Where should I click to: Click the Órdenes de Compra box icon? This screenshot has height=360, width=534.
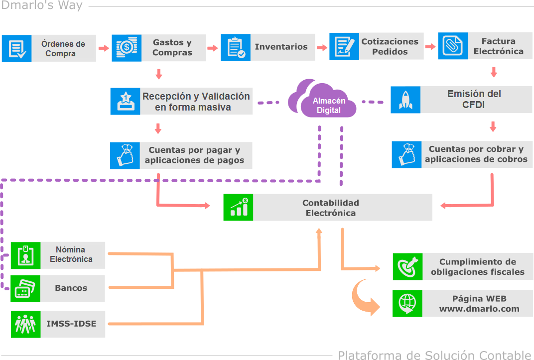(x=17, y=48)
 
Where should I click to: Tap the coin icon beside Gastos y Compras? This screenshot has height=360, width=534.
(x=127, y=48)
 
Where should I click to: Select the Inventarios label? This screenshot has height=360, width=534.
(x=281, y=47)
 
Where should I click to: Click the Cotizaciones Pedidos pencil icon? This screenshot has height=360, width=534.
(x=344, y=46)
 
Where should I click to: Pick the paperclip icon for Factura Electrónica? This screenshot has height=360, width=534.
(x=453, y=46)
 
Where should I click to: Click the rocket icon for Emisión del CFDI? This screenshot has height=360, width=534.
(x=405, y=100)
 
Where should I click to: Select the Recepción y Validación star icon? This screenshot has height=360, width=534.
(x=126, y=101)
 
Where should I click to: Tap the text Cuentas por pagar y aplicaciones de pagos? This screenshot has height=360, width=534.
(x=194, y=155)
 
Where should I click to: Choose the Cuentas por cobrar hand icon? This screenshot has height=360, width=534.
(x=406, y=155)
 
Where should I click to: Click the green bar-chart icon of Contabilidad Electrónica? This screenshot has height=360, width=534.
(x=238, y=207)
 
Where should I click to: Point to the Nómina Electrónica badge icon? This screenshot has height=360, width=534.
(x=25, y=255)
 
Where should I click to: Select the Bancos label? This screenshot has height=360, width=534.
(x=71, y=288)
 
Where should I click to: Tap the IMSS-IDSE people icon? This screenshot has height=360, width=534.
(x=25, y=324)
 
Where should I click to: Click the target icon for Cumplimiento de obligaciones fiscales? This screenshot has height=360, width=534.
(x=407, y=266)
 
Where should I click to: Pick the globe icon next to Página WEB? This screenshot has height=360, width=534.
(x=407, y=303)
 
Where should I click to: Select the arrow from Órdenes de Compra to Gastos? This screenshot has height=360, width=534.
(x=104, y=48)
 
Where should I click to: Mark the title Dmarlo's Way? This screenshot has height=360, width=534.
(x=41, y=6)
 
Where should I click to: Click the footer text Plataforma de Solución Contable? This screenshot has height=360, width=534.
(x=434, y=355)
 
